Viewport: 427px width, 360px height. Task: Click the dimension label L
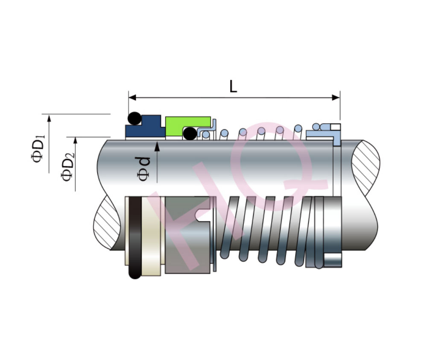[233, 87]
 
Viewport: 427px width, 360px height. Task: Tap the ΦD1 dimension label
[38, 149]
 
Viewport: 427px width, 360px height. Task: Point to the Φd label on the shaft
[144, 169]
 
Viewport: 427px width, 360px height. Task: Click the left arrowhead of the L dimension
[132, 97]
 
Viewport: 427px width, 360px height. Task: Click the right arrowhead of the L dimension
[336, 97]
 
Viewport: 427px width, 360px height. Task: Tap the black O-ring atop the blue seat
[135, 119]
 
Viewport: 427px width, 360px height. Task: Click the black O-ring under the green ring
[190, 134]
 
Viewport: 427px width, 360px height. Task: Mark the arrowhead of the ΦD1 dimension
[49, 118]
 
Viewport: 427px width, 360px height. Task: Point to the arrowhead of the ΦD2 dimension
[76, 140]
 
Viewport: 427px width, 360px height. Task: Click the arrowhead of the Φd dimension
[157, 147]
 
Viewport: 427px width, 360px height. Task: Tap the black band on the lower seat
[135, 237]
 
